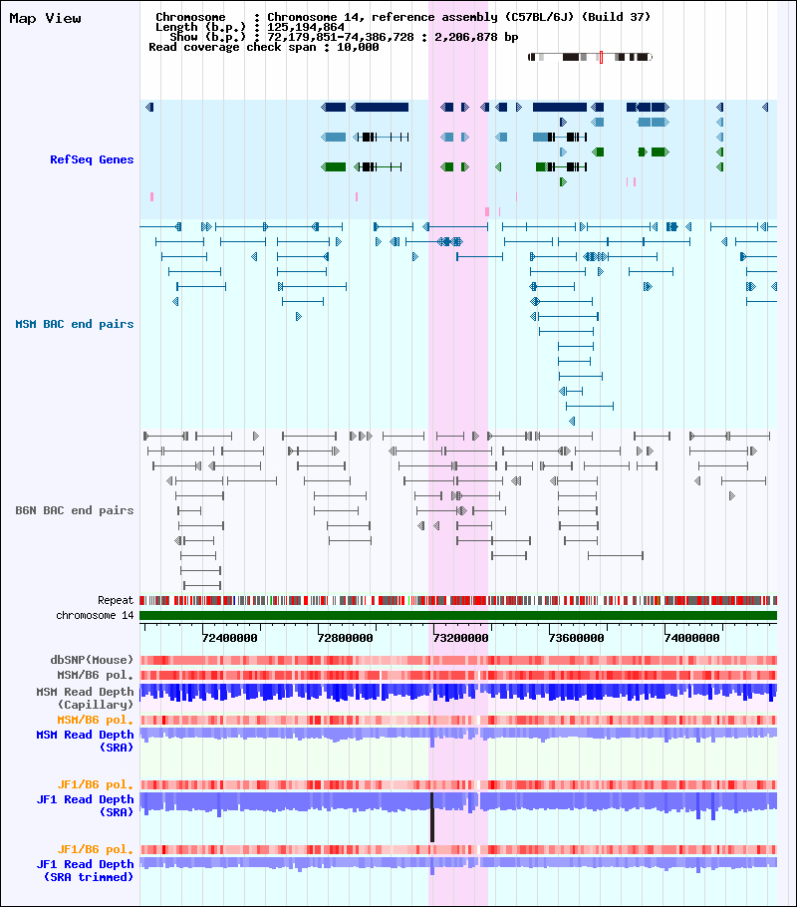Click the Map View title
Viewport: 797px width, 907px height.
point(45,19)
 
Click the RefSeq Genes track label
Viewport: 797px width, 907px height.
point(92,159)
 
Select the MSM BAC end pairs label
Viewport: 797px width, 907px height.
point(74,324)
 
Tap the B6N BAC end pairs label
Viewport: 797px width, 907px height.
point(74,510)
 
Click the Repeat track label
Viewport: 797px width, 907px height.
point(116,600)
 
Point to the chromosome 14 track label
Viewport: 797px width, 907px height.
point(95,616)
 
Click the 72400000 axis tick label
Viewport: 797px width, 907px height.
point(229,638)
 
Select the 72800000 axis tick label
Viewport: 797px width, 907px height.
point(346,638)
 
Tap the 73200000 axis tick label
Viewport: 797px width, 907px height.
point(461,638)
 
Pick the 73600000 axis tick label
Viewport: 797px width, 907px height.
point(577,638)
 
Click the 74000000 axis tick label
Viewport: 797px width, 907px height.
point(692,638)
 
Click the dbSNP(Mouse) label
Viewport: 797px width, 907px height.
point(92,660)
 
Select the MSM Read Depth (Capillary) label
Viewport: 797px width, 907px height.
point(85,698)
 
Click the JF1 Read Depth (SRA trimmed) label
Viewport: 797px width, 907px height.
point(85,870)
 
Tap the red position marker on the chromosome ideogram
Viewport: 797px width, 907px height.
point(601,57)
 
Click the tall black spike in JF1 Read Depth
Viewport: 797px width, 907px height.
point(432,817)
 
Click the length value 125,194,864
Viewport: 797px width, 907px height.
point(306,27)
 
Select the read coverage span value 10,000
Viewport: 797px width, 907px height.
point(358,48)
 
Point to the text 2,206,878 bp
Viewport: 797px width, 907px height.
point(476,37)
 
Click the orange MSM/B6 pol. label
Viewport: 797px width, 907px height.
point(95,721)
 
